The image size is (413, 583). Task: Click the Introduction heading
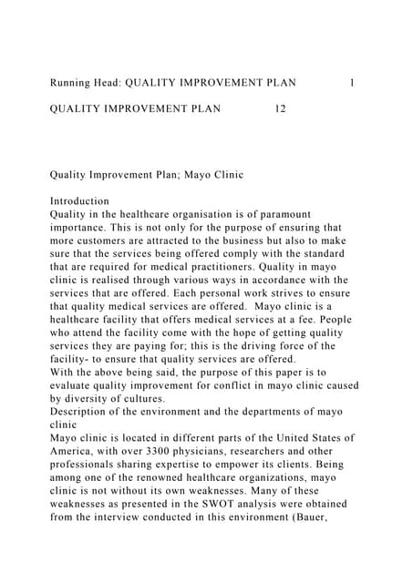tap(79, 200)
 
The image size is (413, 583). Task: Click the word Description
tap(85, 412)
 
